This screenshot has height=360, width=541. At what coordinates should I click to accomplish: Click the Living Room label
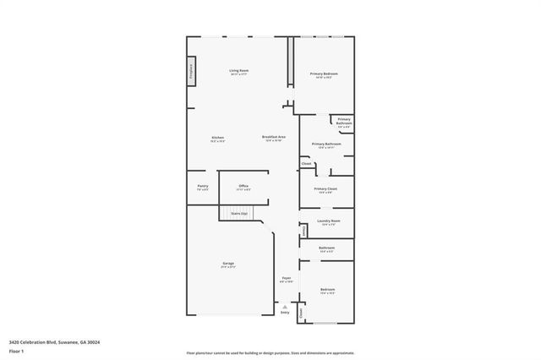(239, 71)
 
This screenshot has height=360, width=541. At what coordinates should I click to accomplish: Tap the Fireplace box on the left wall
(191, 69)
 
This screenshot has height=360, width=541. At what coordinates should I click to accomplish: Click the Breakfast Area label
(274, 138)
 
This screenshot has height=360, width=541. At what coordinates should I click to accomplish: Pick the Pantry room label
(203, 186)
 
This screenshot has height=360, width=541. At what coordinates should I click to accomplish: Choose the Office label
(243, 186)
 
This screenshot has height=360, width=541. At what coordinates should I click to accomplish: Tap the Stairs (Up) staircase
(239, 215)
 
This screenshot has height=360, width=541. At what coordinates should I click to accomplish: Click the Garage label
(228, 265)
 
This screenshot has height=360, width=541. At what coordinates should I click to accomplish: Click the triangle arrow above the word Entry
(285, 306)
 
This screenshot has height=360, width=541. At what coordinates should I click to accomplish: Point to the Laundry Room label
(328, 221)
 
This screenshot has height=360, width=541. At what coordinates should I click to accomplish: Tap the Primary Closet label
(325, 189)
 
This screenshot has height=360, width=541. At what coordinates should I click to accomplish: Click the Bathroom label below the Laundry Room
(326, 248)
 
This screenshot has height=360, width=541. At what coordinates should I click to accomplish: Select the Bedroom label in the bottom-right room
(328, 290)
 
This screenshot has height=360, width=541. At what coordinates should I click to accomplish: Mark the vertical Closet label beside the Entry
(300, 312)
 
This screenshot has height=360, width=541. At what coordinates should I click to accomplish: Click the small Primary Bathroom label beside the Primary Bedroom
(344, 121)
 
